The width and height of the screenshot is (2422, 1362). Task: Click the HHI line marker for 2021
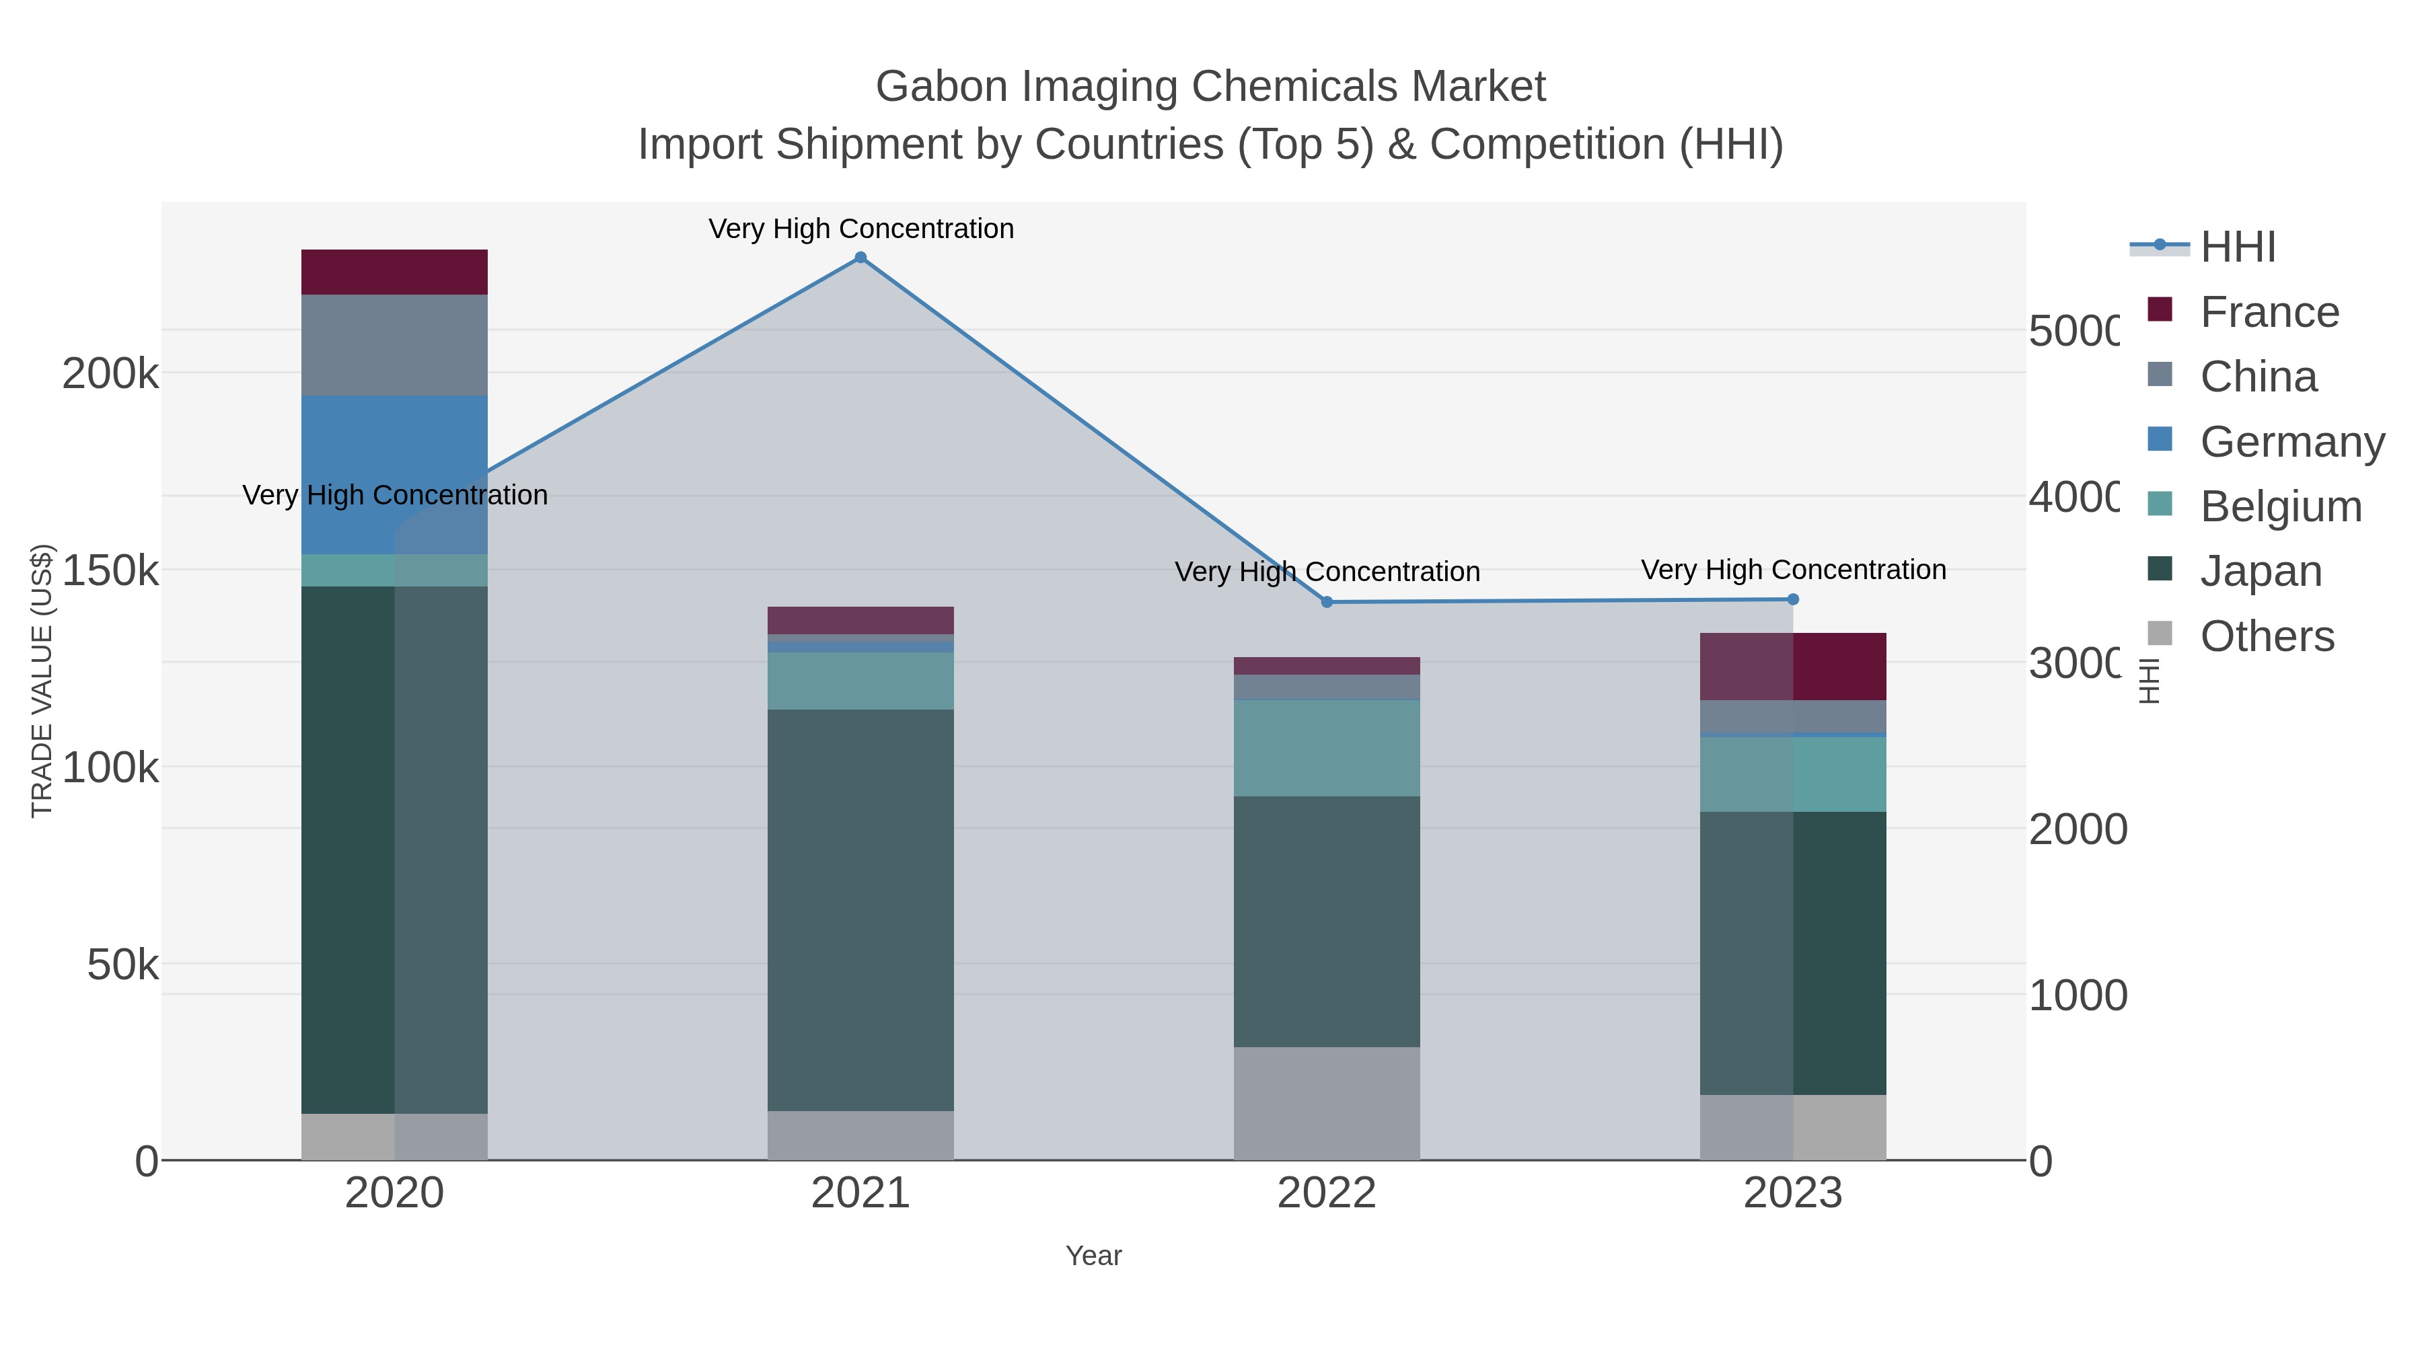pyautogui.click(x=860, y=258)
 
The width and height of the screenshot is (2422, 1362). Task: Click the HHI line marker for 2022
pyautogui.click(x=1327, y=601)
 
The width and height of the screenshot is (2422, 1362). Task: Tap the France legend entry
pyautogui.click(x=2268, y=312)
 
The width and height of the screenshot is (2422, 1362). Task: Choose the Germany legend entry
pyautogui.click(x=2290, y=442)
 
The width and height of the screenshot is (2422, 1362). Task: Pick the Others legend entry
pyautogui.click(x=2266, y=636)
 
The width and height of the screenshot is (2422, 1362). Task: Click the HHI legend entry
pyautogui.click(x=2237, y=248)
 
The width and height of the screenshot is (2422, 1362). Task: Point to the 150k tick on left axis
pyautogui.click(x=110, y=570)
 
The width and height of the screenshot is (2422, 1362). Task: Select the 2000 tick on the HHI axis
pyautogui.click(x=2077, y=830)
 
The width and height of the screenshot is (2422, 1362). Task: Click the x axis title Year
pyautogui.click(x=1093, y=1256)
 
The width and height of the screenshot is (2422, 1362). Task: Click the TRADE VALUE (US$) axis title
pyautogui.click(x=42, y=681)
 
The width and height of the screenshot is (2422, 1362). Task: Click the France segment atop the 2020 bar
pyautogui.click(x=394, y=272)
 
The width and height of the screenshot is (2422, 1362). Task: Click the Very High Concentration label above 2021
pyautogui.click(x=860, y=229)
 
